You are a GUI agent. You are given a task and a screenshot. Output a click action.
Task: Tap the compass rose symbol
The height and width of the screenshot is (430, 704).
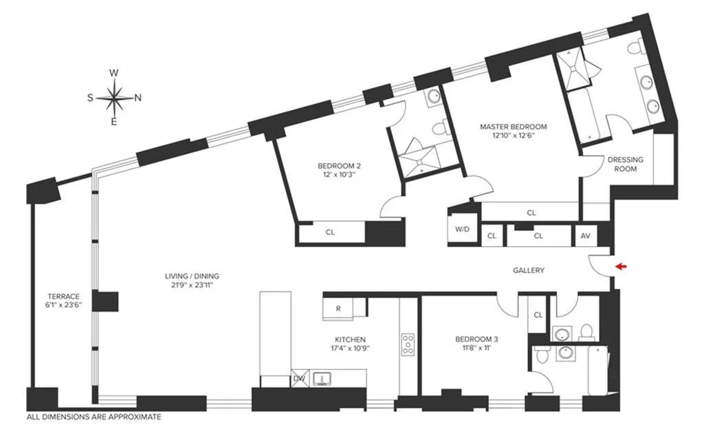pos(115,98)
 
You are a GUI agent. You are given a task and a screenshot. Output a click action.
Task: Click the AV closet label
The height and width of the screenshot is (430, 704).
pos(586,235)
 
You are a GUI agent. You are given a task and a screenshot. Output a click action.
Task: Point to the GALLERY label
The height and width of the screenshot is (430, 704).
pos(529,270)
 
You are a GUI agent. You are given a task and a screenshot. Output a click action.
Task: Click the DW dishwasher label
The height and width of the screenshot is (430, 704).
pos(298,378)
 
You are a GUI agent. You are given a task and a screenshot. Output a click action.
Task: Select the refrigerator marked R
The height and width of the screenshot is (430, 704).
pos(338,308)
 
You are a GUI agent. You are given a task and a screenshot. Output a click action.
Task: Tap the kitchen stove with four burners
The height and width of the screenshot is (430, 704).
pos(408,343)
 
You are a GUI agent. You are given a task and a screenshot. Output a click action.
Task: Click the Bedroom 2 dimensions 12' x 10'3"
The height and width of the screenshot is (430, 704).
pos(340,175)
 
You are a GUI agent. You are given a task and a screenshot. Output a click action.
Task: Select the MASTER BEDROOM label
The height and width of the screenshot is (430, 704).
pos(513,127)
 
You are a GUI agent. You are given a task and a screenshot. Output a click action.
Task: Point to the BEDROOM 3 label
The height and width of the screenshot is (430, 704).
pos(476,339)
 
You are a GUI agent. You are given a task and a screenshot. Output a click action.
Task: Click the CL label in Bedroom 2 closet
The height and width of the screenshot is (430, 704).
pos(330,233)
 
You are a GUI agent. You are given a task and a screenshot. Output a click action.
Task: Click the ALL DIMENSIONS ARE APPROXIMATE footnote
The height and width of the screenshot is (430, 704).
pos(93,417)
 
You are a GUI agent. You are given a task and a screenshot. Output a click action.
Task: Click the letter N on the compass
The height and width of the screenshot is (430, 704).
pos(137,98)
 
